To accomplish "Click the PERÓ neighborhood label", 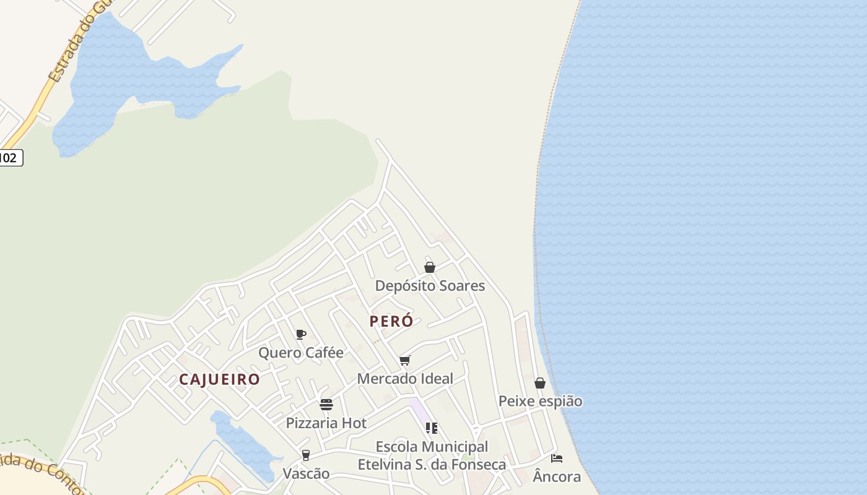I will tap(391, 322).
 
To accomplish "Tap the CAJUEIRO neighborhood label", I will tap(219, 379).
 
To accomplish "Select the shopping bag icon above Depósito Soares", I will tap(430, 267).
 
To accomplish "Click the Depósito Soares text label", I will tap(430, 286).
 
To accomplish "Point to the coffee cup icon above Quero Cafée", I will tap(301, 335).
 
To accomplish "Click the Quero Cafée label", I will tap(301, 353).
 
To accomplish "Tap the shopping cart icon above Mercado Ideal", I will tap(405, 360).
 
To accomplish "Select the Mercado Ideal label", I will tap(405, 379).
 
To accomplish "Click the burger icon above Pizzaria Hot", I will tap(326, 405).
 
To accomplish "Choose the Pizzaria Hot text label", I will tap(326, 423).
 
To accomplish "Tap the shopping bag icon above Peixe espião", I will tap(540, 383).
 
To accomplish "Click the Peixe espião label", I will tap(540, 402).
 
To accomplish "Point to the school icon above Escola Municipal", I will tap(432, 428).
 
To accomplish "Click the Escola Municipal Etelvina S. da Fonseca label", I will tap(432, 455).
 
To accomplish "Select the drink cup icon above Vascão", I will tap(306, 455).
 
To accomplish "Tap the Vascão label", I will tap(306, 474).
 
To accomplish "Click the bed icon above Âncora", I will tap(557, 458).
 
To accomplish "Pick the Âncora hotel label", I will tap(557, 476).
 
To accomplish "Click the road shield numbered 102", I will tap(10, 158).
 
